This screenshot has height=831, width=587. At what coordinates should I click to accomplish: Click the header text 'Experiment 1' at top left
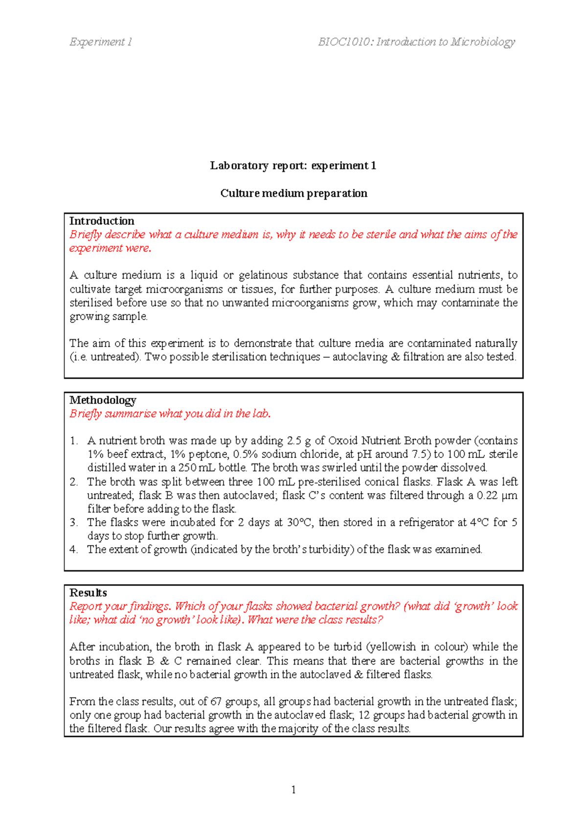point(100,42)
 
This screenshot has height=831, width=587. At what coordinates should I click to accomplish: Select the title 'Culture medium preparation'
point(293,193)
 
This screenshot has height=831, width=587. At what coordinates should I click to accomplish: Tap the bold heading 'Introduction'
point(102,221)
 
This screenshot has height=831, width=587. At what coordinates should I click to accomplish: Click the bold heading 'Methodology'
point(103,400)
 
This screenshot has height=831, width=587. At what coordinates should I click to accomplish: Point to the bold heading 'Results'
point(88,593)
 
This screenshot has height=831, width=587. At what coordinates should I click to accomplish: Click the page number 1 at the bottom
point(293,789)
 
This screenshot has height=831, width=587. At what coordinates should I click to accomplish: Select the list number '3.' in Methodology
point(73,523)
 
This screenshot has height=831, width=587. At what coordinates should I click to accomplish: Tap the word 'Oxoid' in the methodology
point(343,441)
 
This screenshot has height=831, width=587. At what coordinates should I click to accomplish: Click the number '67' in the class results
point(216,702)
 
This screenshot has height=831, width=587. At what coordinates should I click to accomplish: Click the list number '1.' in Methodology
point(73,441)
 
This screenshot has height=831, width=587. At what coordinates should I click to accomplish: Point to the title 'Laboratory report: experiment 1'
point(293,166)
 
